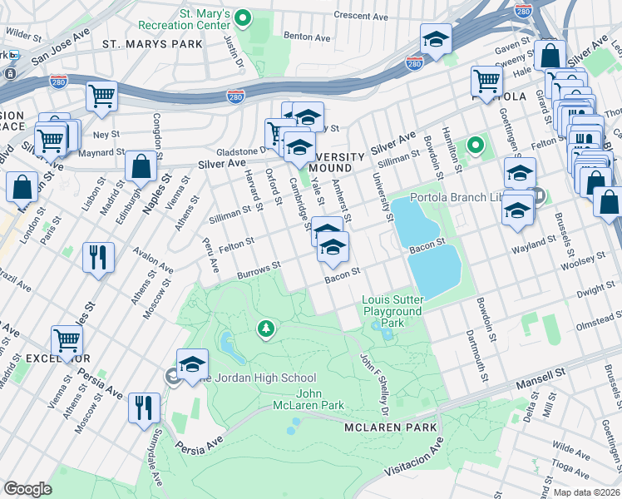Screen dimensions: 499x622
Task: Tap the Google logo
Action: (x=27, y=489)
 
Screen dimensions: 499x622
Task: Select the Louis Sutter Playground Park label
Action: (x=392, y=310)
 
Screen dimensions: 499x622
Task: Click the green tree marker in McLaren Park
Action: (x=265, y=330)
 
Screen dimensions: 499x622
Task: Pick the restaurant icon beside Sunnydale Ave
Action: (x=145, y=407)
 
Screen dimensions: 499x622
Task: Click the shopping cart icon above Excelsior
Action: (x=67, y=338)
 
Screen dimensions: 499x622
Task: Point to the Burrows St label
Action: (x=259, y=269)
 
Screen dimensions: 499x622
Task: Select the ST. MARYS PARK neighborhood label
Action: (x=152, y=42)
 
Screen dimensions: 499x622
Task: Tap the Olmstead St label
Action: (x=597, y=314)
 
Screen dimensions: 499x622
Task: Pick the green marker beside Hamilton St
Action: (x=475, y=147)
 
